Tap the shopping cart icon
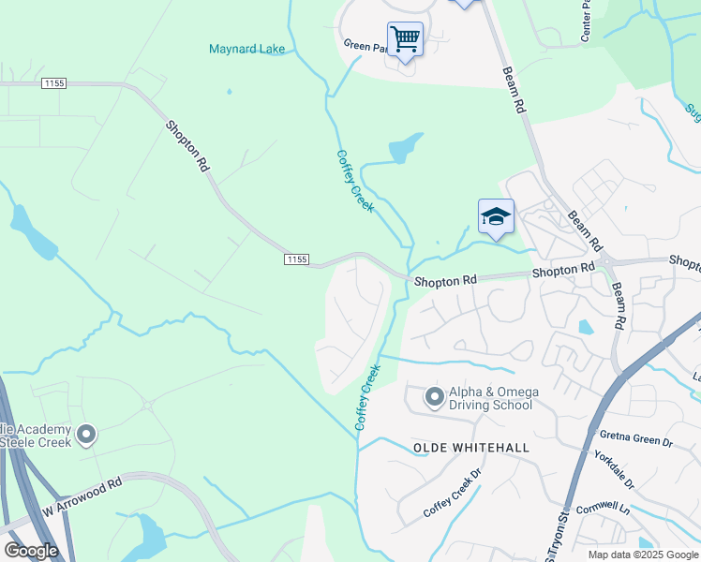[x=405, y=40]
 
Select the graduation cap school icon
[x=496, y=217]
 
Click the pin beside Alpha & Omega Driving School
[x=434, y=397]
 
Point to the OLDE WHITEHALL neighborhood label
[x=471, y=448]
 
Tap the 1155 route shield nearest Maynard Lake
[x=53, y=83]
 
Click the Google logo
[x=31, y=550]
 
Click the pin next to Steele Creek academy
[x=86, y=435]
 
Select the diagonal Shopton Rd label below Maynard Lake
[x=187, y=145]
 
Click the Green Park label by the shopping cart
[x=365, y=45]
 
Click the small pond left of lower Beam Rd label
[x=586, y=328]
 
